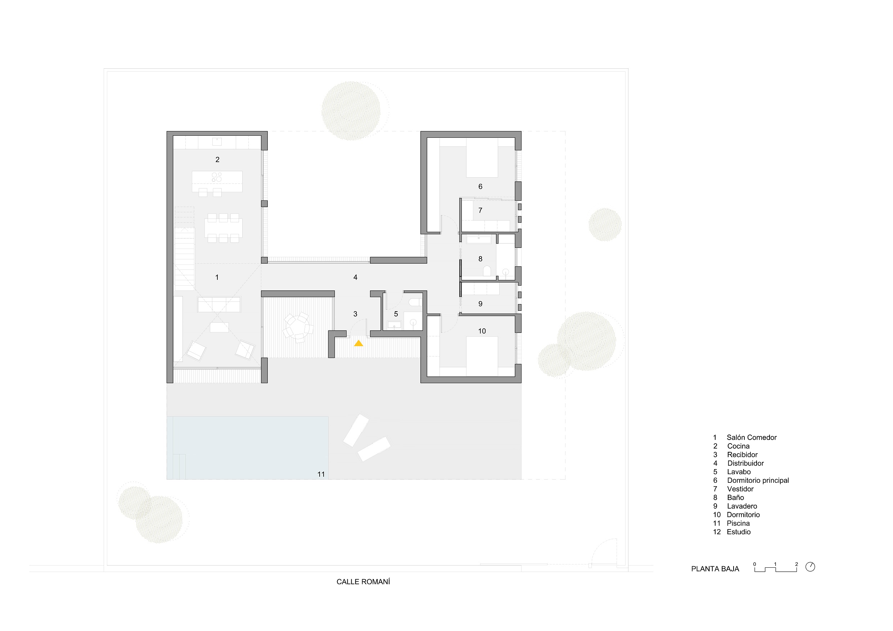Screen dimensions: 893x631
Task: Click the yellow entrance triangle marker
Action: tap(358, 343)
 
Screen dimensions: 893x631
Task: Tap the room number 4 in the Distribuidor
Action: tap(355, 277)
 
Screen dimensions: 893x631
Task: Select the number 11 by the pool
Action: tap(321, 474)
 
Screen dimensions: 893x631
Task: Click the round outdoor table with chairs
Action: tap(298, 327)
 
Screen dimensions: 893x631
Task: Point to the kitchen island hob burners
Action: tap(217, 177)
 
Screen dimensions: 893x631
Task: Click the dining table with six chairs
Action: tap(223, 228)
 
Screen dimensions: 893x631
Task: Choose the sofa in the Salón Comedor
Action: tap(219, 304)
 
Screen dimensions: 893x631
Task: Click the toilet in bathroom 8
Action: tap(487, 271)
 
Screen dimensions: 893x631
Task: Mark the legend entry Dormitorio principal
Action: tap(758, 481)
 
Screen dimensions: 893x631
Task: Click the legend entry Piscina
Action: tap(738, 523)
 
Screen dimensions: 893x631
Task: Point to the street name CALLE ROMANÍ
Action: tap(363, 582)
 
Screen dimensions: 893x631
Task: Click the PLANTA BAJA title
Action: tap(715, 569)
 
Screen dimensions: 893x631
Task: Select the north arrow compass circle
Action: tap(810, 567)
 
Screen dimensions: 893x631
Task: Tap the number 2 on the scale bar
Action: tap(797, 564)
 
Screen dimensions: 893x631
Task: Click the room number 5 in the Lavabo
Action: tap(396, 314)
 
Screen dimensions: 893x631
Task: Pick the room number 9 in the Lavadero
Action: tap(481, 304)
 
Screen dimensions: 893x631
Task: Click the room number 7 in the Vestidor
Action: tap(481, 210)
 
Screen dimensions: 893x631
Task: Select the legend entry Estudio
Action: tap(739, 532)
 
